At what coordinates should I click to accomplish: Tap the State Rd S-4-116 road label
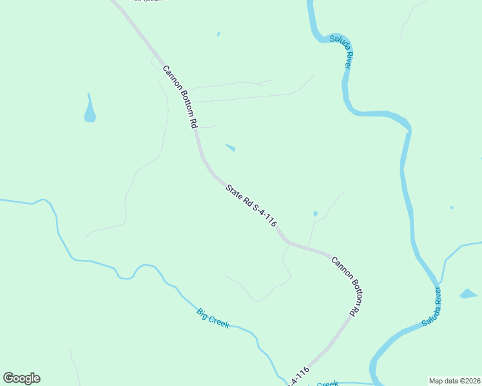251,206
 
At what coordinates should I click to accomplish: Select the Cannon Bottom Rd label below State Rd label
345,286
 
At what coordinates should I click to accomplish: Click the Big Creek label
213,318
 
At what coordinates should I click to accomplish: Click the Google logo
22,378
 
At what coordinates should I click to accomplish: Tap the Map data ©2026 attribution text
454,381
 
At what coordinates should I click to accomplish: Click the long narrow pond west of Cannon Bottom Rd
90,109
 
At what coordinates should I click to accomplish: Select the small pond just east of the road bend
230,148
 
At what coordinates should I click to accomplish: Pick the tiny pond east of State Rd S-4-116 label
315,214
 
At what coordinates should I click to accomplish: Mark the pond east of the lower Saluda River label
468,294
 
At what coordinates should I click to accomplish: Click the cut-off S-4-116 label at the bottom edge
298,377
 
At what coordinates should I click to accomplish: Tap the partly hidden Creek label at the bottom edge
327,383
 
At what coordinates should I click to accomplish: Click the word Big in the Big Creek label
202,313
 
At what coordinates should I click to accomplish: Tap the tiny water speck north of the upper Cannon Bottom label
218,34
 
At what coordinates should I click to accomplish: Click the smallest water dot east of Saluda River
451,207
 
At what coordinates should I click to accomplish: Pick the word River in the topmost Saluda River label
348,61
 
